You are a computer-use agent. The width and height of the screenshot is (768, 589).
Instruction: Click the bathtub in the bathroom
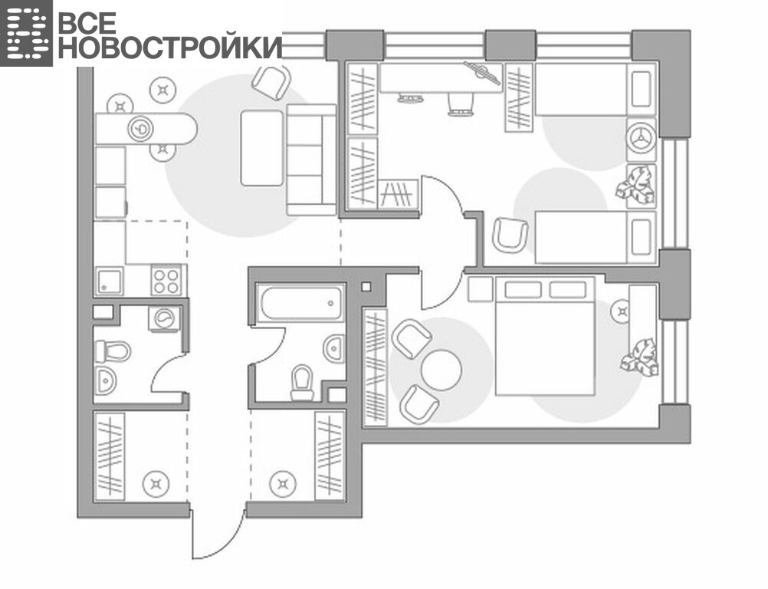(x=301, y=304)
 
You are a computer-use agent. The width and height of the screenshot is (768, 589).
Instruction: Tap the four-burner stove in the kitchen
(x=166, y=280)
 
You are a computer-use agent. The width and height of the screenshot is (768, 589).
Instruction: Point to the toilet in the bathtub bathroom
(x=302, y=383)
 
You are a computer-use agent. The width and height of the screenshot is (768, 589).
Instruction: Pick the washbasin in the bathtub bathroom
(x=334, y=348)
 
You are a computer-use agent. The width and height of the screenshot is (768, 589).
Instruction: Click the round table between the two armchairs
(x=441, y=370)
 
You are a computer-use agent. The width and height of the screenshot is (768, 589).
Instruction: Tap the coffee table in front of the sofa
(x=262, y=148)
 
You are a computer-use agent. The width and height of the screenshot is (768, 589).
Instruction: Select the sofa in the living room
(x=311, y=160)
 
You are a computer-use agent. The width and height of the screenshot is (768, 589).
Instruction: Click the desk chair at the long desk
(x=461, y=104)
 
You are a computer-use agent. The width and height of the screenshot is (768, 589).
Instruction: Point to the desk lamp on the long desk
(x=482, y=73)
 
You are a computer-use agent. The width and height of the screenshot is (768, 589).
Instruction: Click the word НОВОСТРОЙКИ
(x=170, y=47)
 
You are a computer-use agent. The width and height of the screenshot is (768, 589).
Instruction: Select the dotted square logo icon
(x=26, y=33)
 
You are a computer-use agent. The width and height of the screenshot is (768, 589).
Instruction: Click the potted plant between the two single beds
(x=636, y=184)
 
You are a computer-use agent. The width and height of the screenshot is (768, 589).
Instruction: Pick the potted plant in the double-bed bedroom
(x=640, y=357)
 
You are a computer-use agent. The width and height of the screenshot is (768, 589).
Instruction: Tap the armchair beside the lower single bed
(x=510, y=235)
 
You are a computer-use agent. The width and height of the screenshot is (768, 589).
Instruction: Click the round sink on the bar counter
(x=140, y=129)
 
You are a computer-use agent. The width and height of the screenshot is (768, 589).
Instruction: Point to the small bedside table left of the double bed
(x=480, y=288)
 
